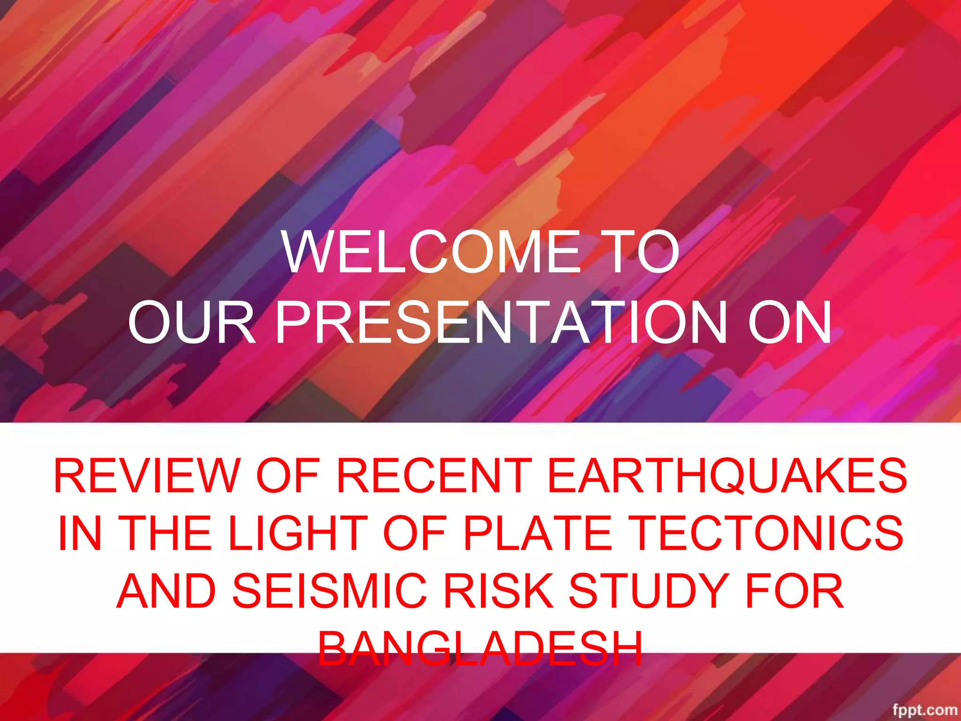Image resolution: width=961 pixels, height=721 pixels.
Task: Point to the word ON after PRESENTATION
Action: tap(790, 323)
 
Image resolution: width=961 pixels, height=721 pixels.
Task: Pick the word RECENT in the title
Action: tap(434, 476)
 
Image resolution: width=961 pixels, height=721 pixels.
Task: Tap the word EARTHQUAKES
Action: tap(727, 476)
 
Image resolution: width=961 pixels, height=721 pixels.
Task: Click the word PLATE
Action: tap(538, 533)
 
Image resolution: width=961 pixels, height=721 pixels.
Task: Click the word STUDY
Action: tap(648, 591)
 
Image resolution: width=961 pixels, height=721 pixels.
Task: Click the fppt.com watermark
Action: tap(924, 709)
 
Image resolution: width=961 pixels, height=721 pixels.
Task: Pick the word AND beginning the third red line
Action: tap(167, 591)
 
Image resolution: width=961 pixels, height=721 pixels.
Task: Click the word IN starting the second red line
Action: tap(80, 533)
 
